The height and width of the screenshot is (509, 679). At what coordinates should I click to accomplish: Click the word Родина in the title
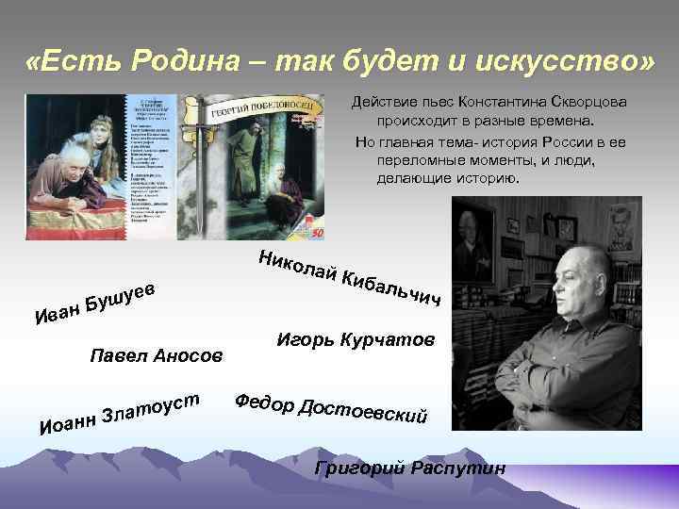(x=189, y=63)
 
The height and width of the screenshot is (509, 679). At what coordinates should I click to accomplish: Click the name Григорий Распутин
(x=410, y=467)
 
